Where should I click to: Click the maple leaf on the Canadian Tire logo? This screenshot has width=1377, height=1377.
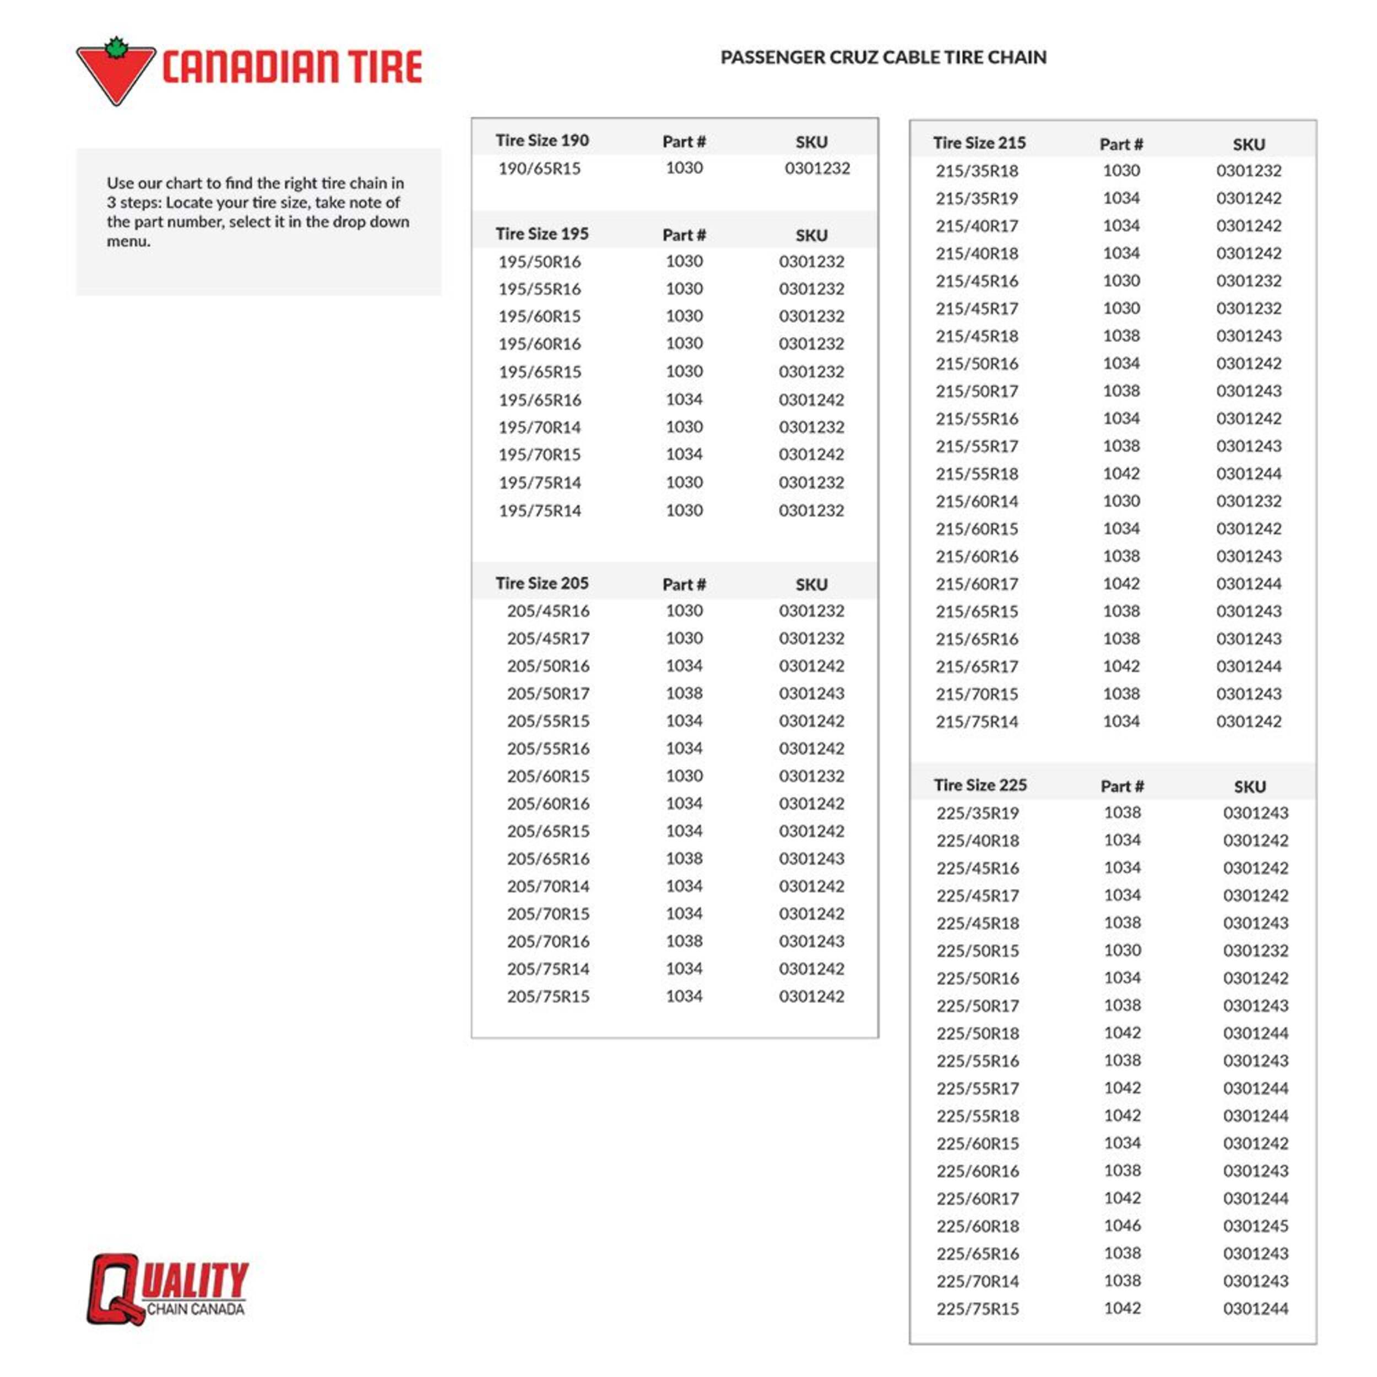coord(116,48)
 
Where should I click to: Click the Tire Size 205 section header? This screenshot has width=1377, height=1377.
coord(541,583)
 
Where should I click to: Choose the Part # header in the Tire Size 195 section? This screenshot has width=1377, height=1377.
coord(684,235)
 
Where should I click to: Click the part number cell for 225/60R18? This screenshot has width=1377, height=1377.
coord(1122,1226)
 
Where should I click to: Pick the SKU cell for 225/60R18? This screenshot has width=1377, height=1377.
coord(1255,1226)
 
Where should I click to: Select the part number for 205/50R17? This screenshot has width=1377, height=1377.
coord(684,693)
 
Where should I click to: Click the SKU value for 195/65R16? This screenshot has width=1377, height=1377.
coord(811,399)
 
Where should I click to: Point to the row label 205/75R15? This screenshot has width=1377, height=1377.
coord(548,996)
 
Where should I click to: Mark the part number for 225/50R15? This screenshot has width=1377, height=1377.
coord(1122,950)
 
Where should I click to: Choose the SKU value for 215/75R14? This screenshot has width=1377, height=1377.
coord(1249,722)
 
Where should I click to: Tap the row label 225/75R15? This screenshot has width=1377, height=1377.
coord(977,1309)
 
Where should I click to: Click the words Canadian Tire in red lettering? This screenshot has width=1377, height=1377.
coord(292,68)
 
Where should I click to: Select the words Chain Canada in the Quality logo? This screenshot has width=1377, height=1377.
coord(196,1309)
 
